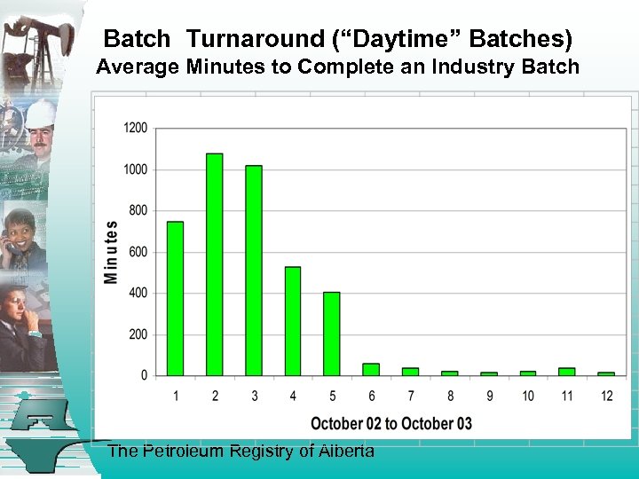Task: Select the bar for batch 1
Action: point(175,298)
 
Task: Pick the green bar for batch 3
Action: point(254,271)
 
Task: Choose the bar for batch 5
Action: point(332,334)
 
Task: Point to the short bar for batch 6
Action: point(371,370)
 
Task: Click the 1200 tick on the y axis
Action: point(136,128)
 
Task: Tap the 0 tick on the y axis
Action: point(144,376)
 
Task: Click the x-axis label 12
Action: point(606,396)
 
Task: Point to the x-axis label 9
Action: point(489,396)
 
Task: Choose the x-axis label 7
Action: point(411,396)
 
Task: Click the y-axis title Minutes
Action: point(111,252)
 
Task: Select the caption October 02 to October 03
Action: point(390,423)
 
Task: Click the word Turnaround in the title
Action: point(256,39)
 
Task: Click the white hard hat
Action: point(40,114)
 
